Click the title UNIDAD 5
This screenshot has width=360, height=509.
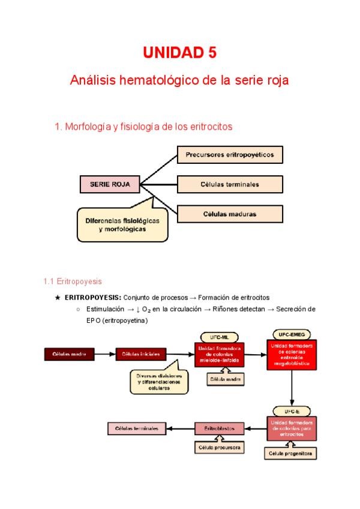[x=179, y=53]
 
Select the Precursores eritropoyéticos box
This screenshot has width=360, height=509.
[x=230, y=155]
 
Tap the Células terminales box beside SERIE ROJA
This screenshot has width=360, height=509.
[x=230, y=184]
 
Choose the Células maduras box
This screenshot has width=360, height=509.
[x=230, y=214]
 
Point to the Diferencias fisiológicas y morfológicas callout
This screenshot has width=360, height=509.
[x=121, y=224]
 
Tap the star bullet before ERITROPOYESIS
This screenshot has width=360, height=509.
[x=57, y=297]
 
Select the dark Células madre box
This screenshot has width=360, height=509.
[x=69, y=354]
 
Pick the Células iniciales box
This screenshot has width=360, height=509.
[x=140, y=354]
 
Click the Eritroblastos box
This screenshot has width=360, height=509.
[x=219, y=428]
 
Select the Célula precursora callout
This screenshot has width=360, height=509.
[x=219, y=448]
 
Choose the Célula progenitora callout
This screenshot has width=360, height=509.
[x=290, y=454]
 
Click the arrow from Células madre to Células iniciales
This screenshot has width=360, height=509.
[x=107, y=354]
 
